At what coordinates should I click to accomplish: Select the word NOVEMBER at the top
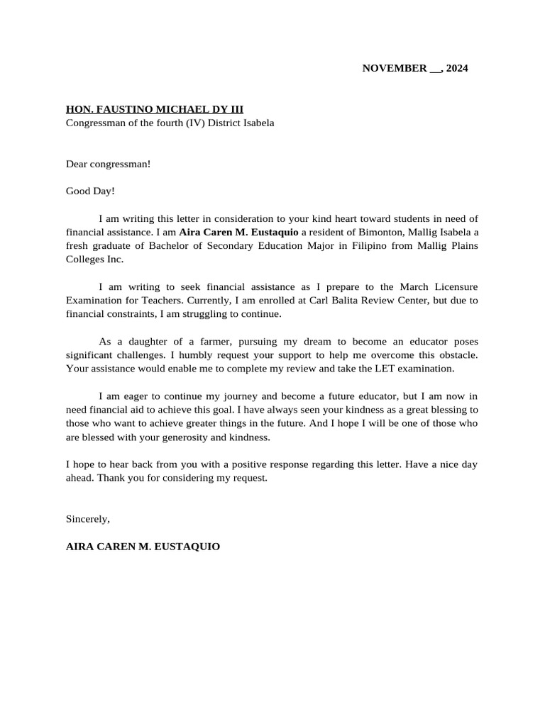pos(395,69)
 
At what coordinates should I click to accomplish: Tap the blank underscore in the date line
pos(435,70)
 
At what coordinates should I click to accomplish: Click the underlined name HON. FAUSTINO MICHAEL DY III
pos(155,110)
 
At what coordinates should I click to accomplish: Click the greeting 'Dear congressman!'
pos(108,164)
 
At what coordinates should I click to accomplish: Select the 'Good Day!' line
pos(90,191)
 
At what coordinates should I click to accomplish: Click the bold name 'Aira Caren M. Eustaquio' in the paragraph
pos(238,232)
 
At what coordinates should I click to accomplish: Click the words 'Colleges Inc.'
pos(94,259)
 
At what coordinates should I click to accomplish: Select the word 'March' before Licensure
pos(414,286)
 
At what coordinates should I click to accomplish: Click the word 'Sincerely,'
pos(88,519)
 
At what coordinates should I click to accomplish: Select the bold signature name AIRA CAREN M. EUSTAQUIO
pos(143,547)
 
